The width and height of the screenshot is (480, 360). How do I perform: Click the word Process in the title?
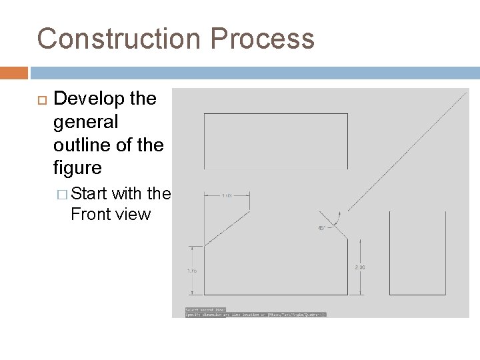273,39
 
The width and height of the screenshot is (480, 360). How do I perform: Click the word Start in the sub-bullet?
89,194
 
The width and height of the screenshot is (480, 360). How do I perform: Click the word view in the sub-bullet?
135,215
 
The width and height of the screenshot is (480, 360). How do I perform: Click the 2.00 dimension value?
360,267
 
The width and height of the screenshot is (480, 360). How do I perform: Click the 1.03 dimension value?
227,195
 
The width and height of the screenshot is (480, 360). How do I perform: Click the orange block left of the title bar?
13,72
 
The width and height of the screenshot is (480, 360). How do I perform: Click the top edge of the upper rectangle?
275,115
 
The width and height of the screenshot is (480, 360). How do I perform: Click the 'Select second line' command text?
205,309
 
